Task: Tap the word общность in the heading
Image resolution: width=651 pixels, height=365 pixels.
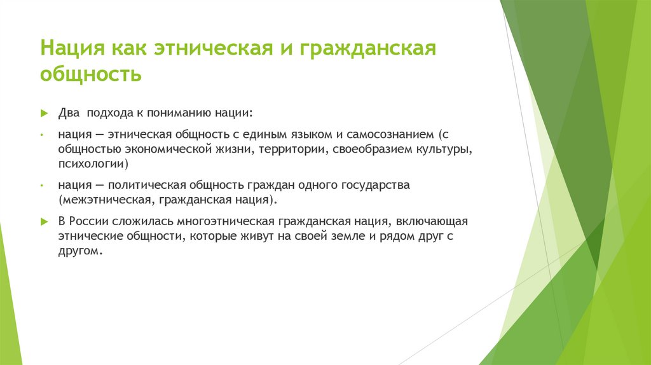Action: tap(91, 74)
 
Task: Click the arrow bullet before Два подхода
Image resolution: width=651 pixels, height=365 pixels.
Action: tap(45, 113)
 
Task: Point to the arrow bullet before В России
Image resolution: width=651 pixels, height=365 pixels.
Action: tap(45, 222)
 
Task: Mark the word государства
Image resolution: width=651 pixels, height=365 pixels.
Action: tap(375, 186)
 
